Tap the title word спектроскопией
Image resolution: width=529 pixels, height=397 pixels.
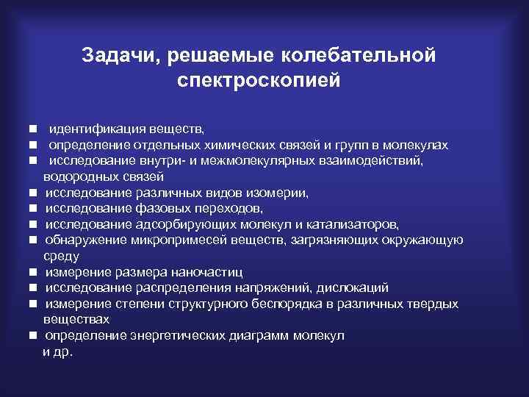pyautogui.click(x=259, y=79)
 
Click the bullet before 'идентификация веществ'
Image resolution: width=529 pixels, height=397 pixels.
pyautogui.click(x=34, y=130)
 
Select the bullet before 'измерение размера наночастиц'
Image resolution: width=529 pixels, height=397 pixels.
pyautogui.click(x=34, y=273)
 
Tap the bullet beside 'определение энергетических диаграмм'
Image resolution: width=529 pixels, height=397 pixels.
pyautogui.click(x=34, y=336)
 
